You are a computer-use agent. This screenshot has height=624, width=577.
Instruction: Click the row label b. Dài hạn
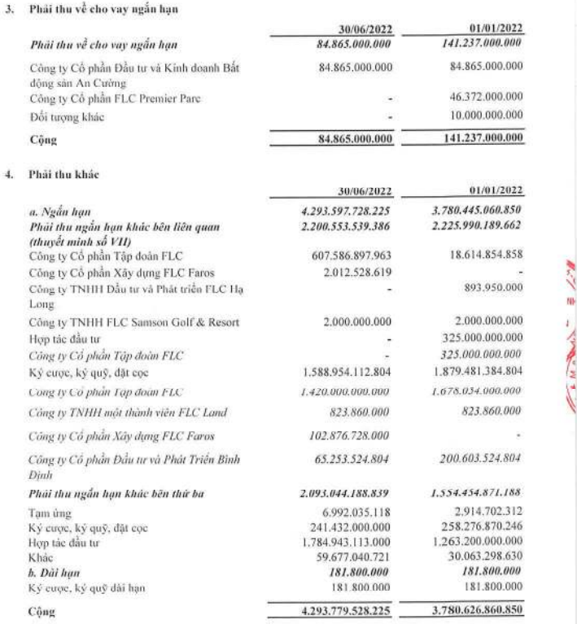(x=50, y=567)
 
